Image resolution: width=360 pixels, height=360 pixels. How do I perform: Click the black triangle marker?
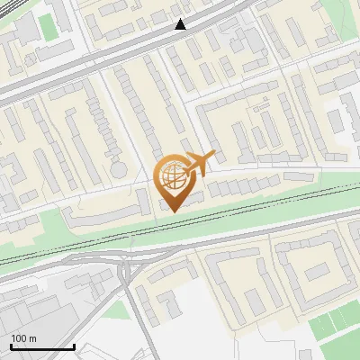(x=181, y=24)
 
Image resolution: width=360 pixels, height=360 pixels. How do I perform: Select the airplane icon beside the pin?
(x=201, y=163)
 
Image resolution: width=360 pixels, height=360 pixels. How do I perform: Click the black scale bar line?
(x=42, y=346)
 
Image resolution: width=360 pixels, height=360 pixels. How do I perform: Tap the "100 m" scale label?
(x=23, y=338)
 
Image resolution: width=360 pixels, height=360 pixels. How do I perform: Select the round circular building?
(x=119, y=169)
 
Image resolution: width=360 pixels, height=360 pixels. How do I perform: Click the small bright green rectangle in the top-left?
(x=47, y=26)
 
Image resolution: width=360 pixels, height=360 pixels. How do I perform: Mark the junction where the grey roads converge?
(x=123, y=266)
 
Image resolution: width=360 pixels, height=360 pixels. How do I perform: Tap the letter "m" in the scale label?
(x=34, y=338)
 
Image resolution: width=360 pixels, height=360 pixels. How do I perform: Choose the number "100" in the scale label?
(x=19, y=338)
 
